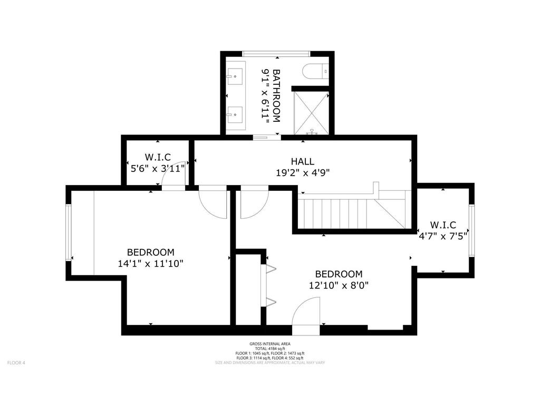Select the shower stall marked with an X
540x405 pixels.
(311, 112)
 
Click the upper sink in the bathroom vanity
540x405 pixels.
(236, 76)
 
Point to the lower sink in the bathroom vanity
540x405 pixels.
(236, 114)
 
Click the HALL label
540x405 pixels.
(302, 161)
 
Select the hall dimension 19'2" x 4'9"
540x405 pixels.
(302, 172)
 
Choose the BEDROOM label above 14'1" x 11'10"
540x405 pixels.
(150, 252)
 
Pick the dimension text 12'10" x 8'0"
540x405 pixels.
(339, 285)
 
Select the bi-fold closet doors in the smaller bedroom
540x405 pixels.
(268, 285)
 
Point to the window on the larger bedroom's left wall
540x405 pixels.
(68, 232)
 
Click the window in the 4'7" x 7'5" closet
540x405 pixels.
(471, 230)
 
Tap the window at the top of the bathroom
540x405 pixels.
(275, 53)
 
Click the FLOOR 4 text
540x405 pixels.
(16, 362)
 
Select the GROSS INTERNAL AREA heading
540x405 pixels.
(269, 343)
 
